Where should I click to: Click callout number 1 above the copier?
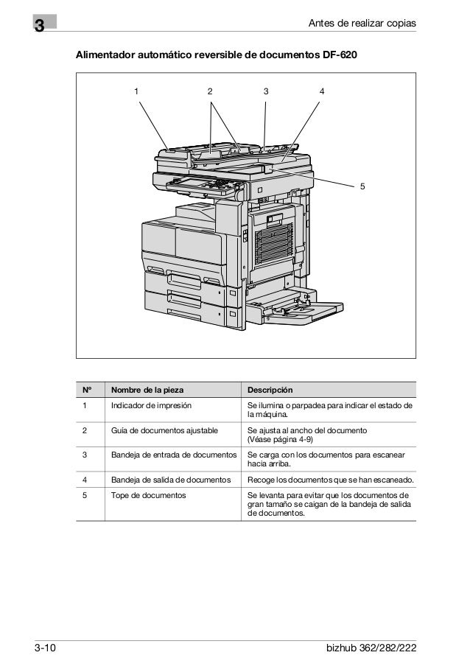coord(136,91)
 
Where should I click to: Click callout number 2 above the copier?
coord(210,91)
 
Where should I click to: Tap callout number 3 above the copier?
coord(266,91)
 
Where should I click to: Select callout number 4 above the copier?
coord(322,91)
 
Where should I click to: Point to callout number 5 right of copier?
coord(362,186)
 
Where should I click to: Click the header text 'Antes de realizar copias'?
coord(362,26)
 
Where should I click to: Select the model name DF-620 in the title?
coord(340,55)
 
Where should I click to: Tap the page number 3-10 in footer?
coord(46,649)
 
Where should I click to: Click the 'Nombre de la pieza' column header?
coord(148,390)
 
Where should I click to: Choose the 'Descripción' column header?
coord(270,390)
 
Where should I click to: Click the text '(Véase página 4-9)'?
coord(283,440)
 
